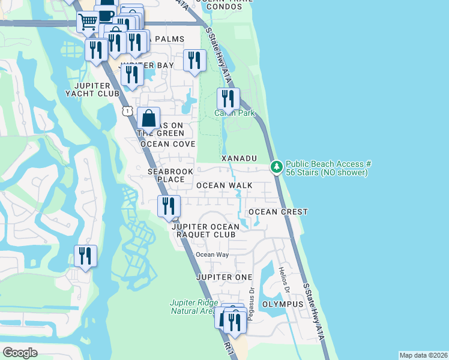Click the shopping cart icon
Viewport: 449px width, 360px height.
(88, 22)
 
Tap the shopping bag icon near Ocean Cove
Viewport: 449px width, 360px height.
(148, 118)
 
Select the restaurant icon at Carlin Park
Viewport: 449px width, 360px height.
(228, 98)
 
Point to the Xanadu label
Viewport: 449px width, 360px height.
(239, 158)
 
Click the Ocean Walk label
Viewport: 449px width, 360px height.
(224, 185)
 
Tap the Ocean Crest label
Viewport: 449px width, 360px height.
(278, 212)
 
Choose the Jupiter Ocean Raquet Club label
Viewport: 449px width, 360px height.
(205, 230)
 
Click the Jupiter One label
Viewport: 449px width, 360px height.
(222, 277)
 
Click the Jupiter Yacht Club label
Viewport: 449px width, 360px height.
(89, 89)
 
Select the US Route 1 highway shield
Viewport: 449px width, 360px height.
(127, 110)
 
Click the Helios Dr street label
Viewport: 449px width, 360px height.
(285, 281)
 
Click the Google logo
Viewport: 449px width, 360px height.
(20, 353)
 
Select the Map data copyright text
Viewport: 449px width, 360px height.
(423, 355)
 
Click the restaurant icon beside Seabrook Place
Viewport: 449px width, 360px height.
(169, 206)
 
